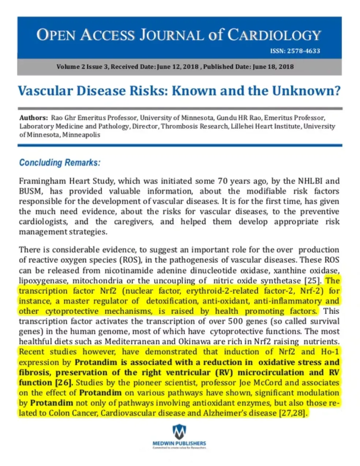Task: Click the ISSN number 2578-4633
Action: (x=303, y=51)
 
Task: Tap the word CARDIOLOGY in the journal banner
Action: (x=274, y=35)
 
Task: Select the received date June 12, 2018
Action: (x=178, y=67)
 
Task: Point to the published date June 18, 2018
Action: (x=273, y=67)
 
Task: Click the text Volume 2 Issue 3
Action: (x=82, y=67)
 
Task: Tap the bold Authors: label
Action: (x=34, y=118)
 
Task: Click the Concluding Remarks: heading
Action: (x=60, y=162)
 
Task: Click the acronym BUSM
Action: (x=29, y=191)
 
